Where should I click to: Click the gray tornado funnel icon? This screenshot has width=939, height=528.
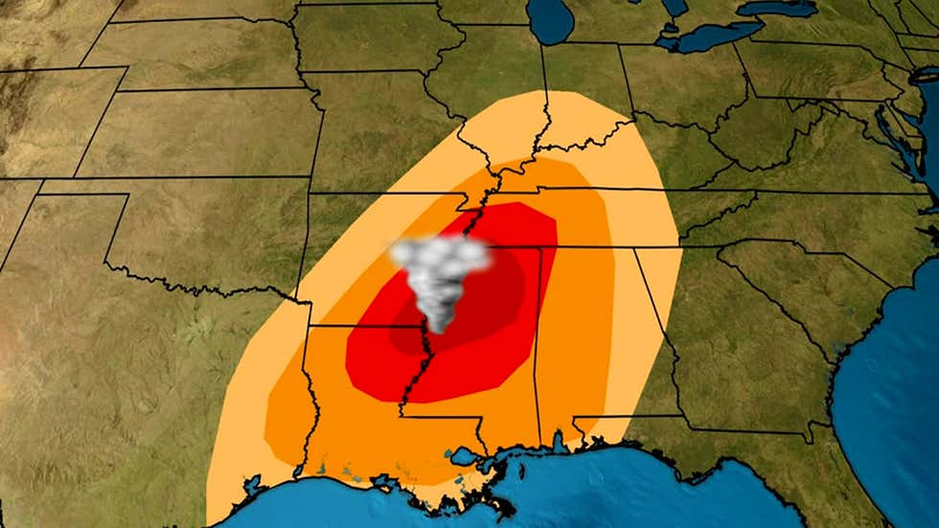tap(440, 273)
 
